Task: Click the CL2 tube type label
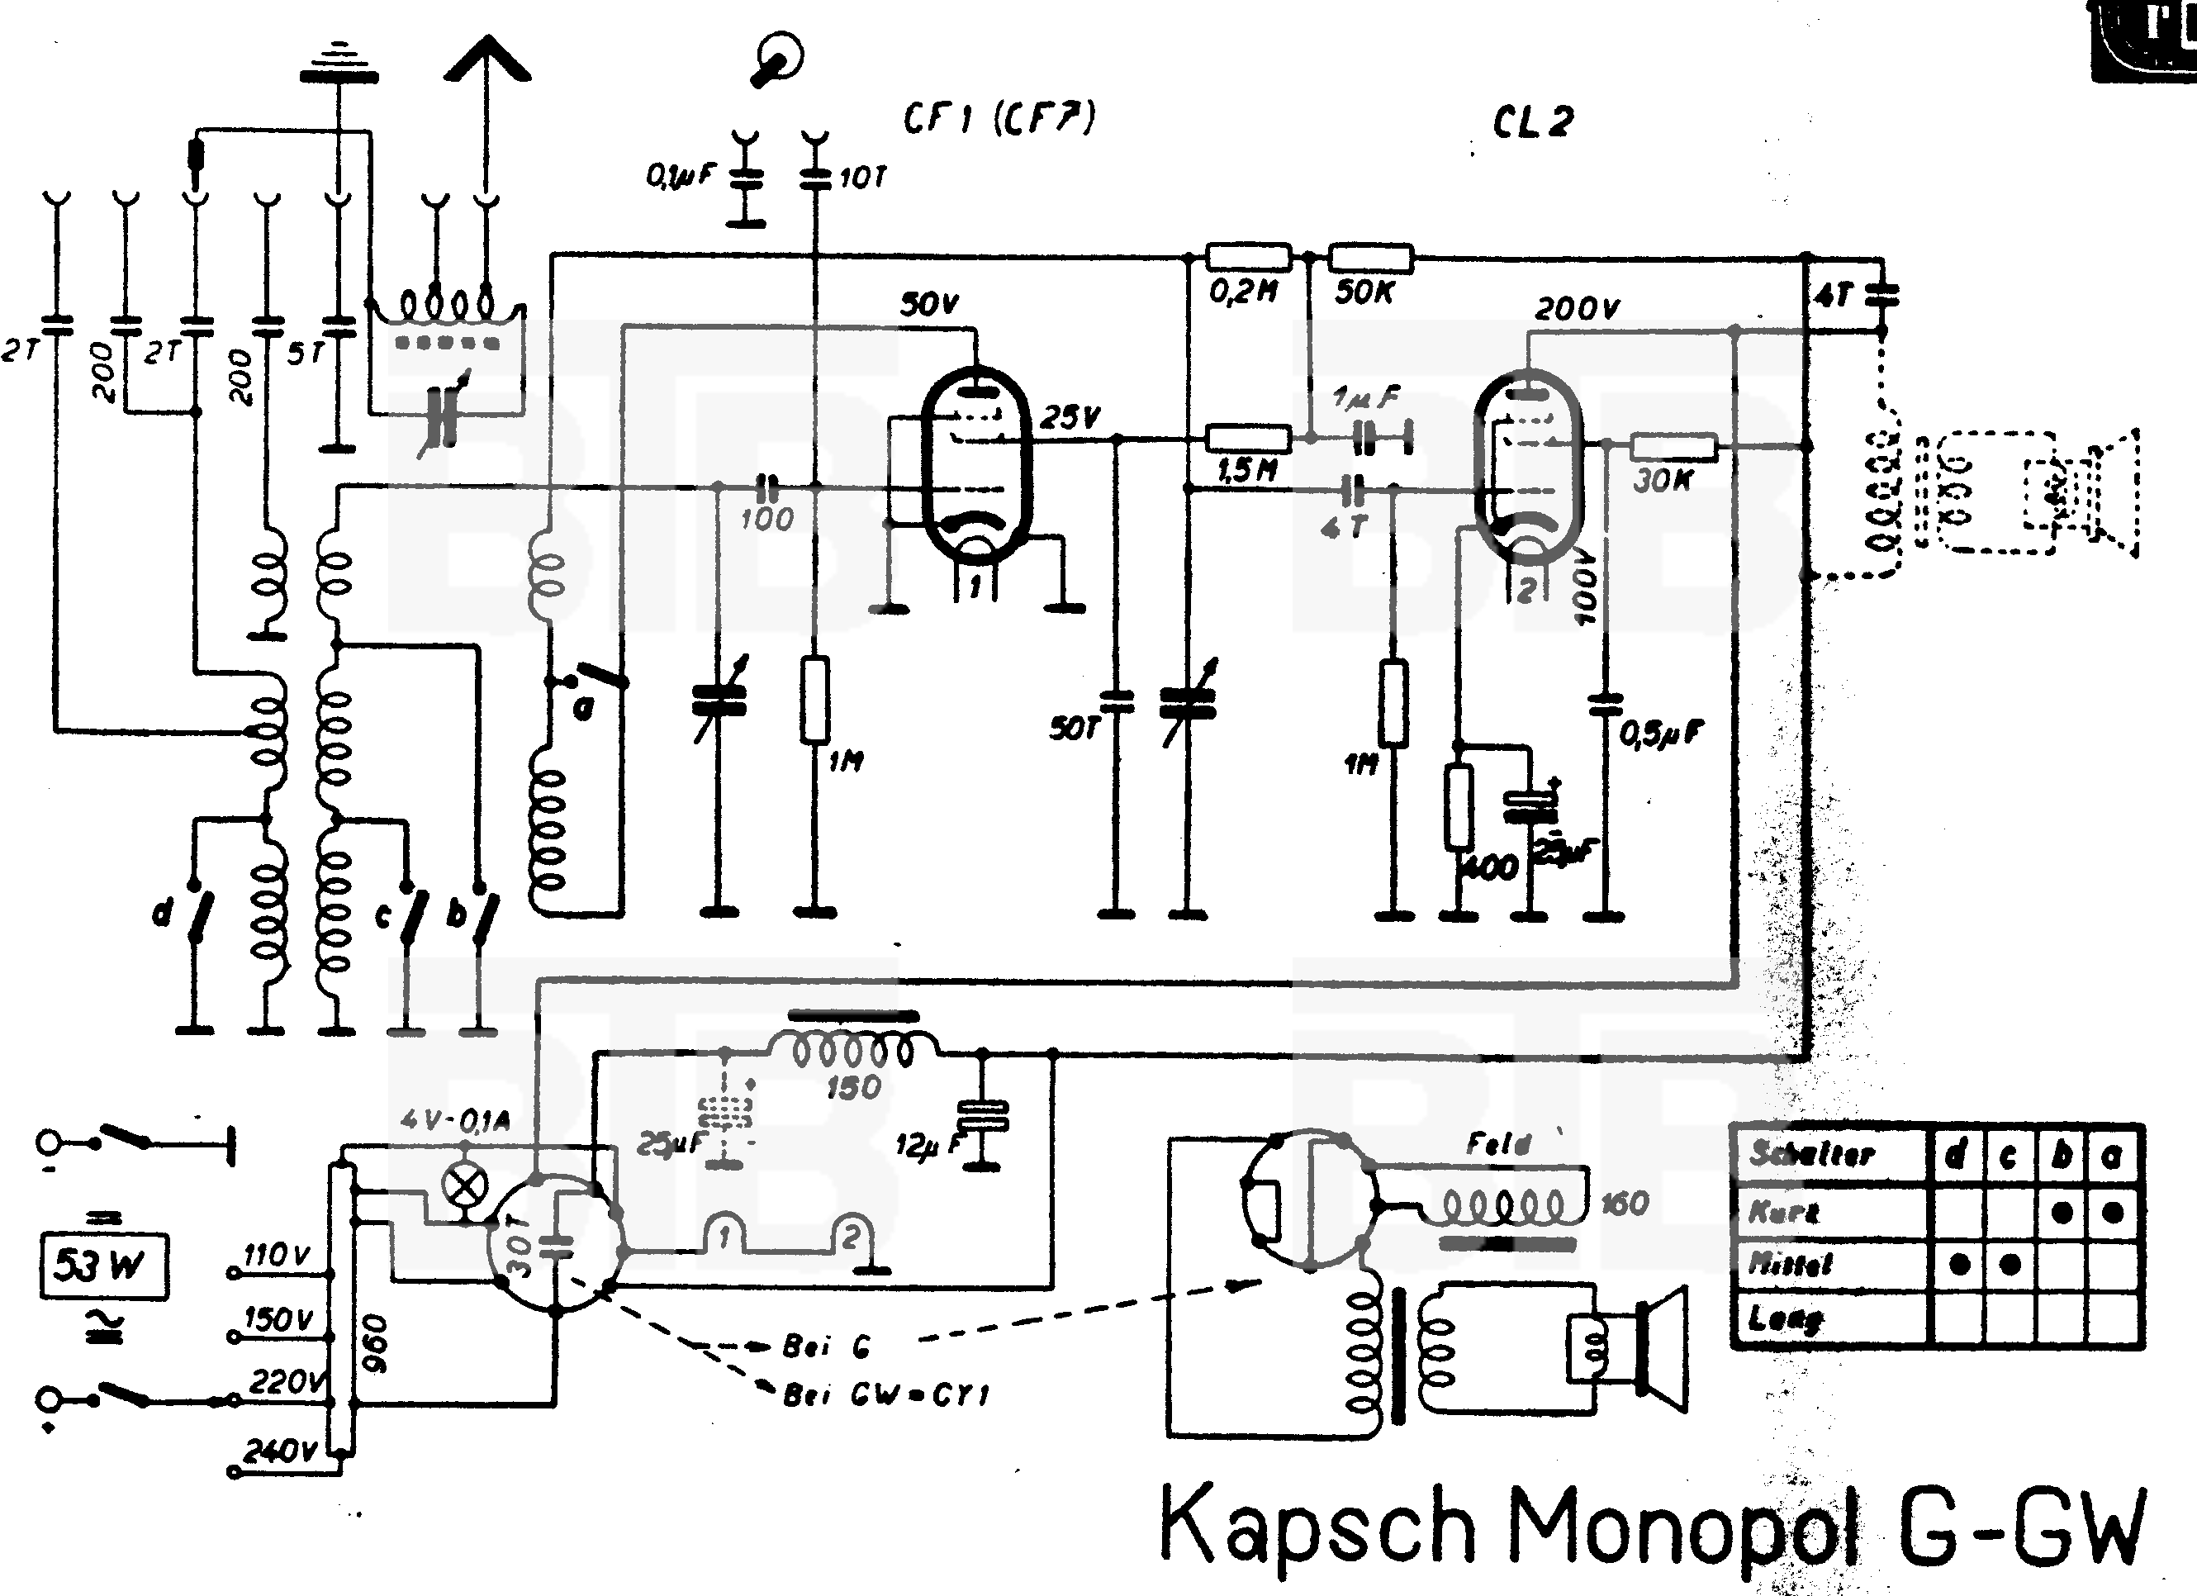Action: pyautogui.click(x=1532, y=122)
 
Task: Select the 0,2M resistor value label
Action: pyautogui.click(x=1244, y=290)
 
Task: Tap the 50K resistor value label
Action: pyautogui.click(x=1364, y=292)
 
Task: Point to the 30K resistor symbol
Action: pyautogui.click(x=1674, y=447)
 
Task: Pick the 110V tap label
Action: pyautogui.click(x=276, y=1256)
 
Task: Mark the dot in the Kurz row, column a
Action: pyautogui.click(x=2114, y=1212)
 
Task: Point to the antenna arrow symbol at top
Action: pyautogui.click(x=487, y=63)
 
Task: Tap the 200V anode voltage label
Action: pyautogui.click(x=1577, y=309)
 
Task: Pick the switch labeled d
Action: pyautogui.click(x=198, y=911)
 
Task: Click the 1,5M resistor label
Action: pyautogui.click(x=1246, y=471)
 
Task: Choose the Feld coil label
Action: pyautogui.click(x=1497, y=1144)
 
